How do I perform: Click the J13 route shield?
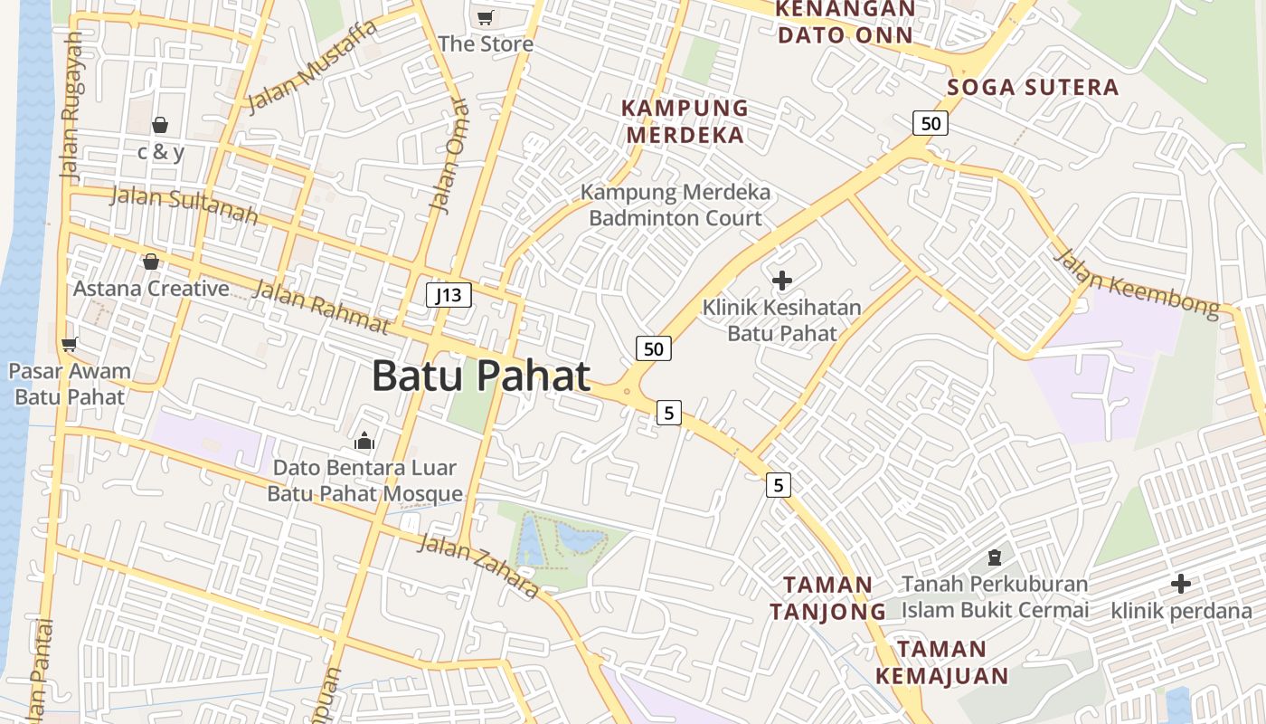tap(449, 294)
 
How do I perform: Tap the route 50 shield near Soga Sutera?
tap(930, 123)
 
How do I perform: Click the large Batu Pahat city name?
tap(481, 376)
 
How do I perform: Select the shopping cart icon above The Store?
tap(486, 17)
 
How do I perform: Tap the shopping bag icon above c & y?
tap(160, 125)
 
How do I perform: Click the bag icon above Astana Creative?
tap(151, 262)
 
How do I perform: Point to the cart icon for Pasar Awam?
tap(69, 344)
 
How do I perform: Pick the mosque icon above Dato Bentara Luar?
tap(364, 441)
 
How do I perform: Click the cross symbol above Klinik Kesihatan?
tap(782, 281)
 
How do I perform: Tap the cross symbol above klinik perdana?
tap(1180, 584)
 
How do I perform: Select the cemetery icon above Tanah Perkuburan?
tap(995, 557)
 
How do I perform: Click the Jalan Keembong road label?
tap(1137, 282)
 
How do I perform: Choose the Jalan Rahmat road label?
tap(321, 307)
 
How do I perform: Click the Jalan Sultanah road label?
tap(184, 205)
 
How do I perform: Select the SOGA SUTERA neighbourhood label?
tap(1033, 88)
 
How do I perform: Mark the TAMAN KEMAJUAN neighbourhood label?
tap(941, 662)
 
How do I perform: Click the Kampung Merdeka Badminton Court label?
tap(676, 205)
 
